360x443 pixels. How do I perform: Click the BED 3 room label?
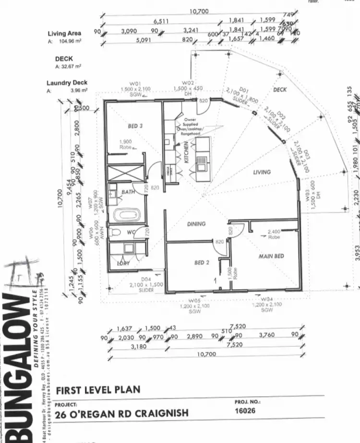[136, 126]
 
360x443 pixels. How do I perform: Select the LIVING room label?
[262, 172]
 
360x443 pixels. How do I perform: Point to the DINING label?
[196, 224]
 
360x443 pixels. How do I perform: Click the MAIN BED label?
[271, 256]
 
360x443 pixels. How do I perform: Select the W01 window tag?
[134, 83]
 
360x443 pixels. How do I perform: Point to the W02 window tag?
[188, 83]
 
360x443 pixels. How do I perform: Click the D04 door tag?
[146, 280]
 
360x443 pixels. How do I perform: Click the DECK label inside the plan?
[279, 90]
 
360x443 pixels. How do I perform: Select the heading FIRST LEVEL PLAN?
[98, 390]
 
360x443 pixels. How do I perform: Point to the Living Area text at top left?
[64, 34]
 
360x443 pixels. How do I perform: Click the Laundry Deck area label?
[67, 83]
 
